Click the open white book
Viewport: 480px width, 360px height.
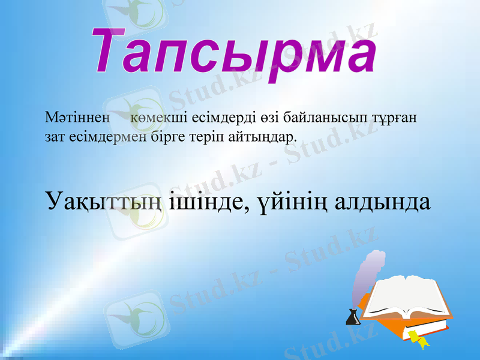click(408, 296)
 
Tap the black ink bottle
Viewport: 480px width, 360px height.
click(353, 317)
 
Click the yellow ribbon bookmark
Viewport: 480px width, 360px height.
click(418, 338)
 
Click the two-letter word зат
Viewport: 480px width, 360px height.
click(55, 137)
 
